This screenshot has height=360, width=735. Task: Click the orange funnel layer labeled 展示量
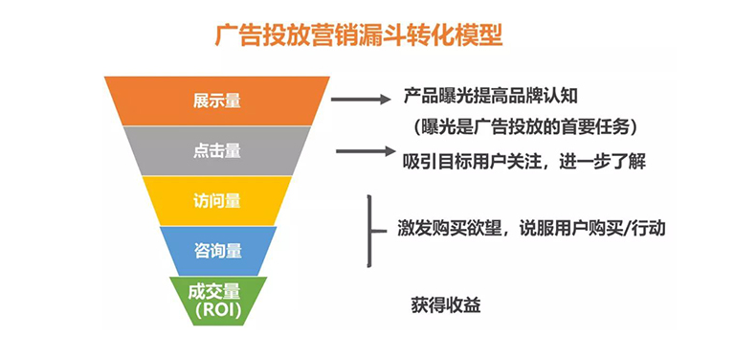click(x=216, y=100)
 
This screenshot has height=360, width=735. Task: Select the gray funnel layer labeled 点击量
click(x=216, y=150)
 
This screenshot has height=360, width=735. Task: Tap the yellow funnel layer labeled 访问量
click(x=216, y=201)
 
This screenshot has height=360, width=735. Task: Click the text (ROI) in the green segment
click(x=217, y=310)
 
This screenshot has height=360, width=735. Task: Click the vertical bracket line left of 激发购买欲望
click(x=368, y=229)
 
